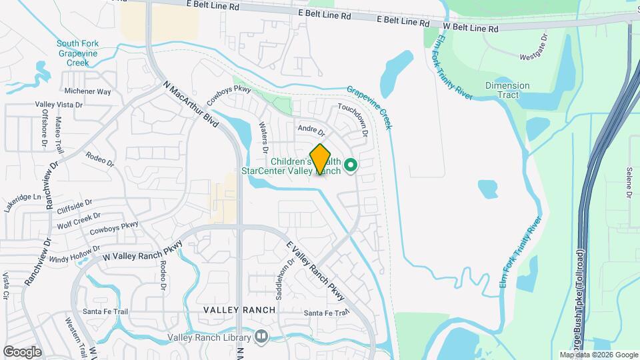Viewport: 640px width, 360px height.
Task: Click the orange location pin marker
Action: pos(321,159)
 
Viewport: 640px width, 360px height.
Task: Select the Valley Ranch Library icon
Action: pos(261,337)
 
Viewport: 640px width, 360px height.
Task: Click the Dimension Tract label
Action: pos(507,90)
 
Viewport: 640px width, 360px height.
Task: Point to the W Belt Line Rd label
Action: pos(471,29)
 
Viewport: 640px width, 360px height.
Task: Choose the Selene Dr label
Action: pos(629,182)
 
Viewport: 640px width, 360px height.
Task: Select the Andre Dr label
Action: pos(311,130)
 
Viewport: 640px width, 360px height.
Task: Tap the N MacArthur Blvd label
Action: pos(191,105)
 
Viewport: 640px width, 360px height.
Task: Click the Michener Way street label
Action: pos(88,91)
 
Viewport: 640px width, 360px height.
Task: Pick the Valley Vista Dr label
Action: pos(59,105)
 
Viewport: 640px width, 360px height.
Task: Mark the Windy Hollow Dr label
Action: pos(75,253)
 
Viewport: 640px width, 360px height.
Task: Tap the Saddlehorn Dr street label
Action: pos(281,280)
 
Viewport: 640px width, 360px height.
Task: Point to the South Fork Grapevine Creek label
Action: pos(77,53)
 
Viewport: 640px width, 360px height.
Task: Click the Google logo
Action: pos(22,351)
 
